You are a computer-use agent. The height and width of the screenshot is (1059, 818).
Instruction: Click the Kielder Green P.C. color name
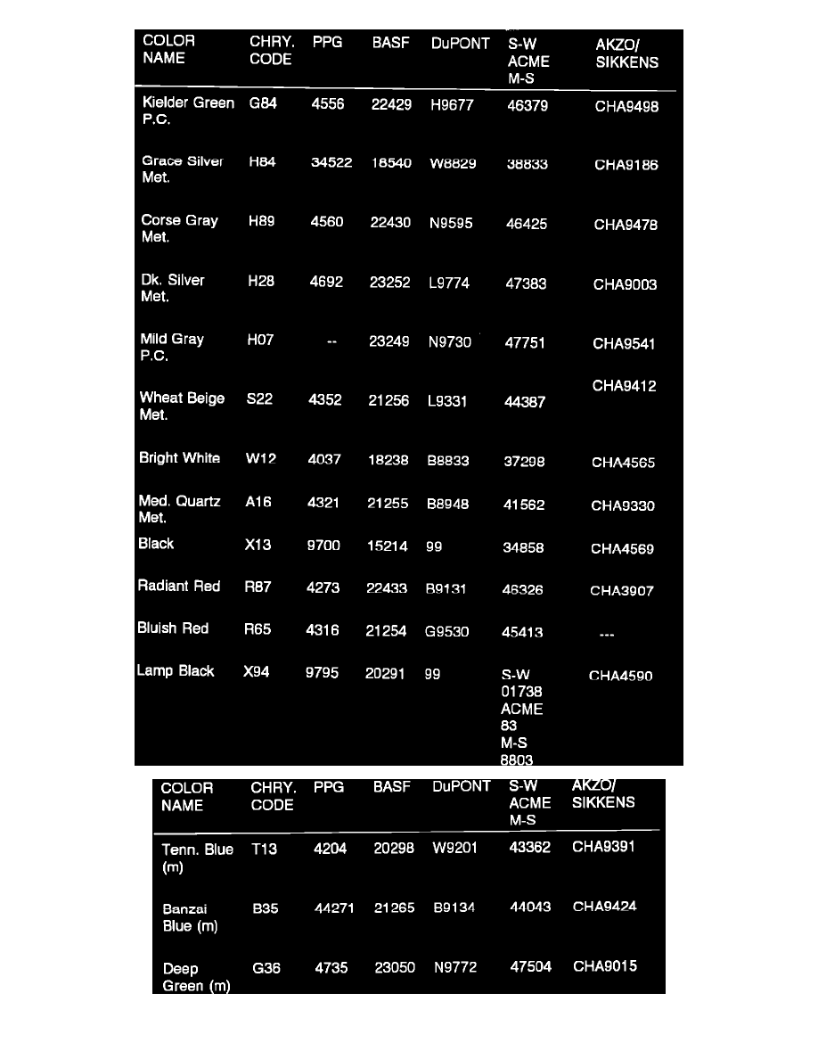(188, 111)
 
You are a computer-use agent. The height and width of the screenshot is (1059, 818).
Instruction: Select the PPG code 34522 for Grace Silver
(331, 163)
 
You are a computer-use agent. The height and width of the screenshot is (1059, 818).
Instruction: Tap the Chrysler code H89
(261, 222)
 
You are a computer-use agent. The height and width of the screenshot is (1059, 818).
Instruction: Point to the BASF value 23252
(389, 283)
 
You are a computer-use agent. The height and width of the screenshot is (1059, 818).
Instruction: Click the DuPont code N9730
(449, 342)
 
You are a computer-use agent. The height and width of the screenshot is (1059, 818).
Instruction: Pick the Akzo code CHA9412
(624, 386)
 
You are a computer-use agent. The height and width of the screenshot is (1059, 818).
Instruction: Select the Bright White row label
(179, 458)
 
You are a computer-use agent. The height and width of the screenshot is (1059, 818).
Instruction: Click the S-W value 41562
(523, 505)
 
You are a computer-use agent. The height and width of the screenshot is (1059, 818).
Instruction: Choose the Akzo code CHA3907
(621, 591)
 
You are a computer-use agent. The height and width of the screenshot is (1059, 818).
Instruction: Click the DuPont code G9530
(446, 632)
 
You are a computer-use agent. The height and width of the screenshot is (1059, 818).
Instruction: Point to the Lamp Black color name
(176, 671)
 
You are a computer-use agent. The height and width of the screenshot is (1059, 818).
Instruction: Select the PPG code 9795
(322, 673)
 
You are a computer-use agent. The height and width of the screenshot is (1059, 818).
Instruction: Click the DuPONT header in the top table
(460, 43)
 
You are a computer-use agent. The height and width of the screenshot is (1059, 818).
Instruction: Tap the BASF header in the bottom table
(391, 787)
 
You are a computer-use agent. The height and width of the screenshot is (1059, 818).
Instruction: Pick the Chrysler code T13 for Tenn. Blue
(264, 850)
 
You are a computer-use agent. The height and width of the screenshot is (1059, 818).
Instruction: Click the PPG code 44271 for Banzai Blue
(334, 908)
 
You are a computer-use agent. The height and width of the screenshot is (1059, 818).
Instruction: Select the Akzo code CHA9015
(604, 966)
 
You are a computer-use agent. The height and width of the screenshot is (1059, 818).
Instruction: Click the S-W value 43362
(529, 849)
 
